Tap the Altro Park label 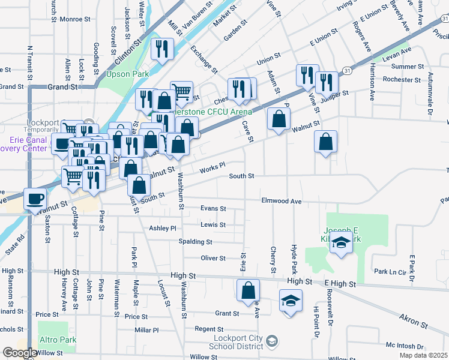[59, 340]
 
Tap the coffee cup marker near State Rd [35, 199]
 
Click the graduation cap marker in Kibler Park [341, 244]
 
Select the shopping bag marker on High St [248, 292]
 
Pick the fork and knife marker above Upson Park [161, 49]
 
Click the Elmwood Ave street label [281, 201]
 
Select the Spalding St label [195, 242]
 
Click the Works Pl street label [212, 166]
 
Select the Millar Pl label [146, 330]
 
